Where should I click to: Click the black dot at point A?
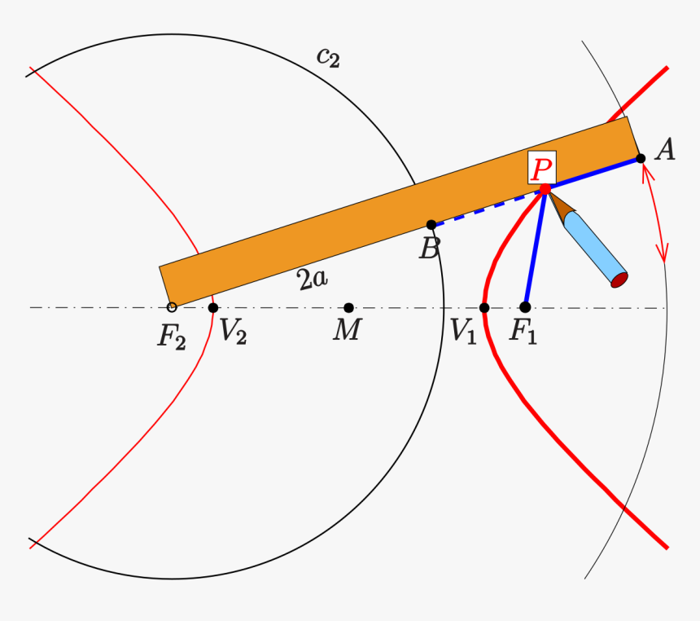tap(641, 158)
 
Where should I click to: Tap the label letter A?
tap(665, 150)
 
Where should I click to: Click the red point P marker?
tap(545, 189)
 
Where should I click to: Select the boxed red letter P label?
tap(541, 169)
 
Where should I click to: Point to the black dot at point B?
tap(431, 225)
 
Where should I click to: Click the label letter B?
tap(428, 249)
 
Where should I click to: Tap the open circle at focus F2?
tap(172, 307)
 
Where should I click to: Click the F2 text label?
tap(172, 336)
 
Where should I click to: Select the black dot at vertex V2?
tap(213, 307)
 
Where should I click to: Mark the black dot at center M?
tap(348, 307)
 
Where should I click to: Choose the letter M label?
tap(347, 332)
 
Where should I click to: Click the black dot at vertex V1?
tap(484, 307)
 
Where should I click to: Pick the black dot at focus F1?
tap(525, 307)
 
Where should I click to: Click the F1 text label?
tap(523, 333)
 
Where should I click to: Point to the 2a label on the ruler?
tap(313, 280)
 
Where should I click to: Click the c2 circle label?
tap(328, 57)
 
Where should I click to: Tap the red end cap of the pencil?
tap(619, 280)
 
